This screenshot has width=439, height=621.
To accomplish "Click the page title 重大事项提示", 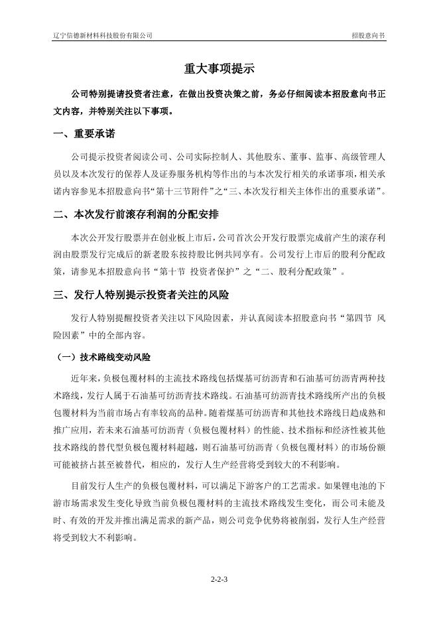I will [219, 69].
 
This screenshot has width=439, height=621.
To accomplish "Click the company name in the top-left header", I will [103, 35].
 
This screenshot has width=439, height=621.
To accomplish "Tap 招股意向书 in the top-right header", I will [368, 35].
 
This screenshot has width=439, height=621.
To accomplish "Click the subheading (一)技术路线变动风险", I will [102, 358].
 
